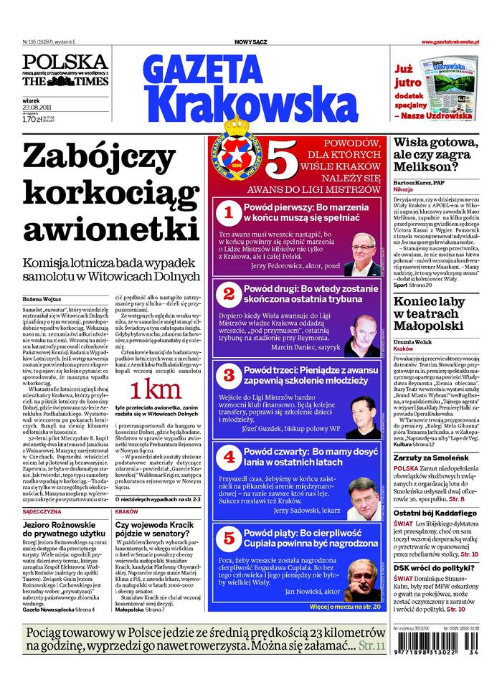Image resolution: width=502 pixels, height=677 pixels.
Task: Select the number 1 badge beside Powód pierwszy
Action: pyautogui.click(x=228, y=212)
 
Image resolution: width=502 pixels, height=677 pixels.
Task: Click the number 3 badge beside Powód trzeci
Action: pyautogui.click(x=228, y=374)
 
